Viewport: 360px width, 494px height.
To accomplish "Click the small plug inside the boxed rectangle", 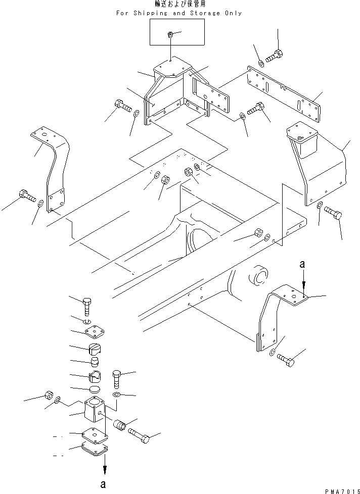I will pos(170,34).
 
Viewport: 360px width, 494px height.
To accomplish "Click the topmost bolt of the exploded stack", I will pos(87,305).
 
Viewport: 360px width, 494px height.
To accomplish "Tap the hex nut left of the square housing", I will pos(50,396).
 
